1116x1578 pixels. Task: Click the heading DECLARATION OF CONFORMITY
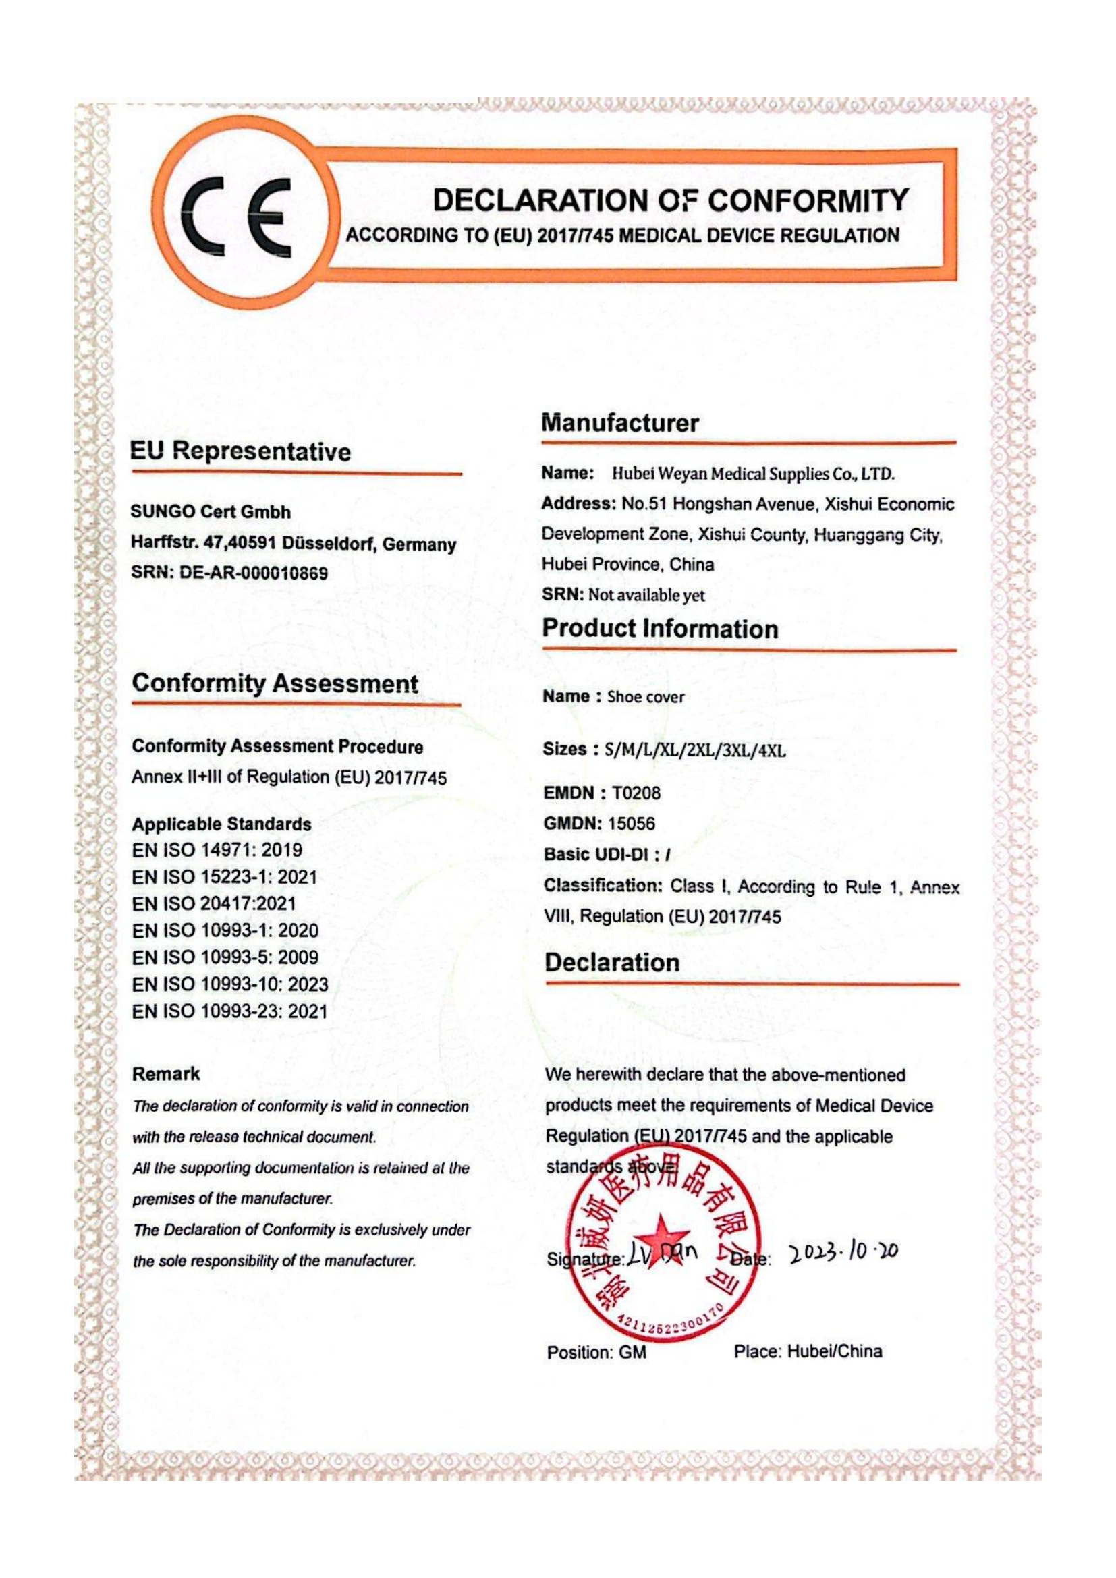coord(670,200)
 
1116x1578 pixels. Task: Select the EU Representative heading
coord(240,451)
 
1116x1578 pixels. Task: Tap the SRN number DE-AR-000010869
coord(253,573)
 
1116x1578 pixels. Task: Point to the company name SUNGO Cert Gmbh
coord(211,512)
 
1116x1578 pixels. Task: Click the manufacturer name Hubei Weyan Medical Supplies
coord(753,474)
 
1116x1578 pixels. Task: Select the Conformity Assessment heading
coord(275,683)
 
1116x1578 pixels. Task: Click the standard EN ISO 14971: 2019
coord(217,850)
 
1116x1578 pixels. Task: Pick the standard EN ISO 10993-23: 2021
coord(229,1011)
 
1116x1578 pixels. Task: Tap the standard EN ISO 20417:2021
coord(214,904)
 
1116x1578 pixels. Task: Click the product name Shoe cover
coord(645,697)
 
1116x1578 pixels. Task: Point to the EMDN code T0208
coord(636,793)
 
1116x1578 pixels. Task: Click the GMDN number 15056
coord(632,823)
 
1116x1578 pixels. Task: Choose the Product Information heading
coord(660,628)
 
